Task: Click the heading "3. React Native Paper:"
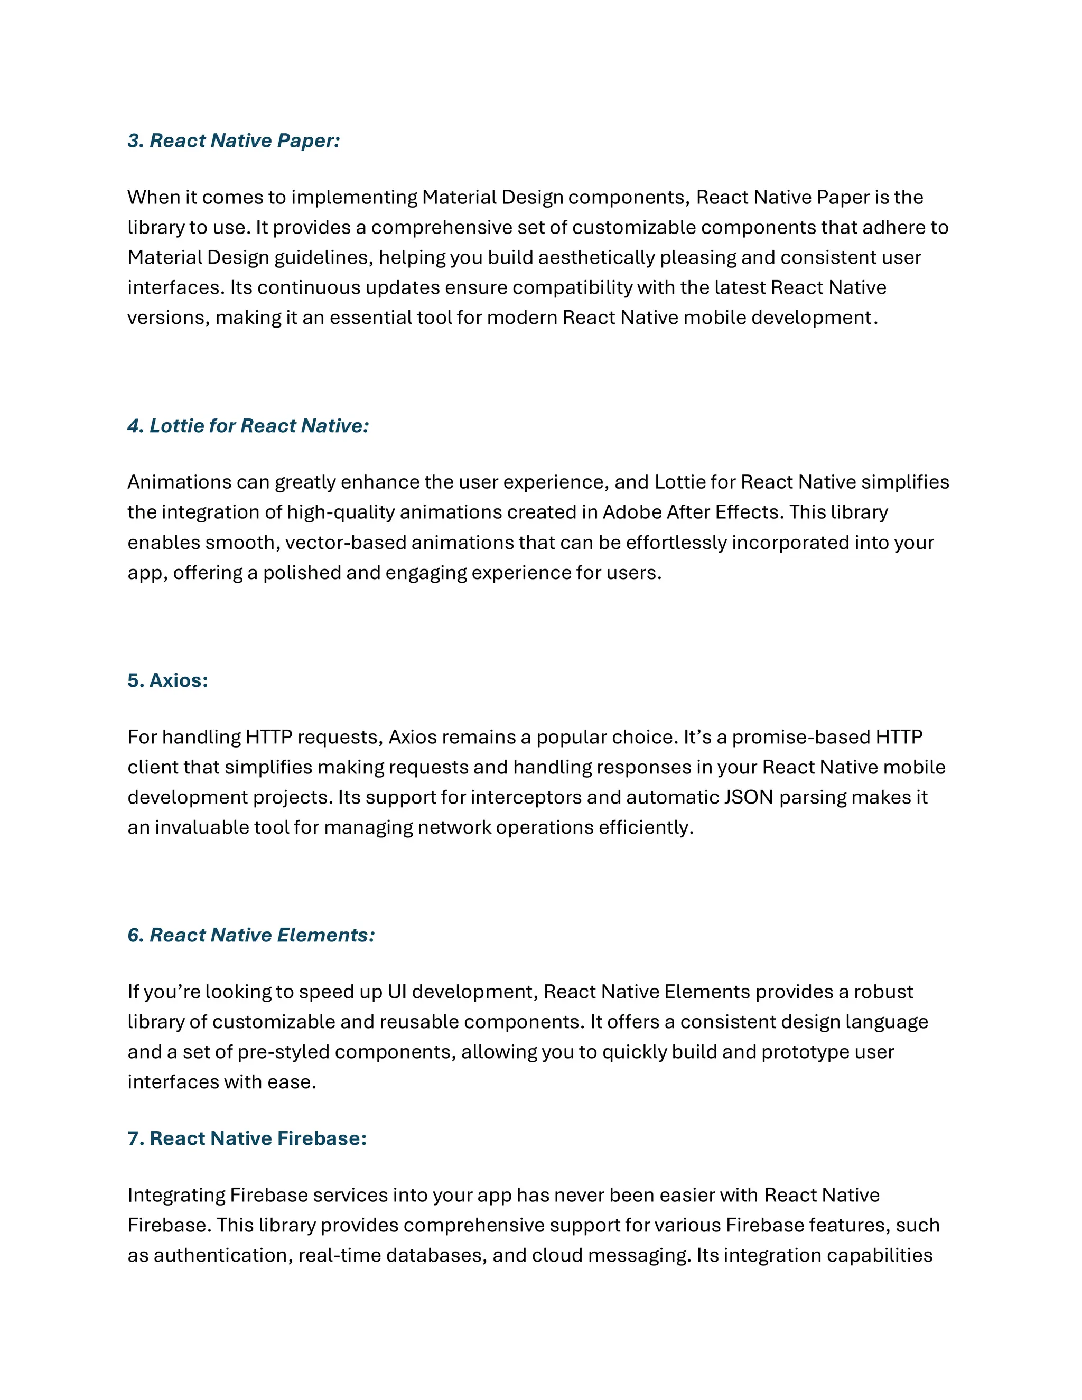234,141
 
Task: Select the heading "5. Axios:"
167,680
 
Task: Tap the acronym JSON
748,797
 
